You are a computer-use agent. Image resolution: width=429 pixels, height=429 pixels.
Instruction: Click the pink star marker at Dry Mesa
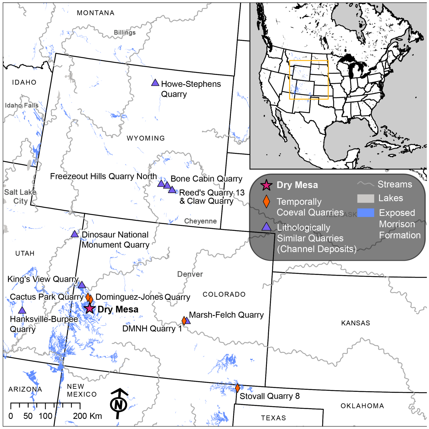click(90, 308)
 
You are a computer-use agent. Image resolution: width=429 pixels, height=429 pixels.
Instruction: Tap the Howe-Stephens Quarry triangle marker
click(155, 83)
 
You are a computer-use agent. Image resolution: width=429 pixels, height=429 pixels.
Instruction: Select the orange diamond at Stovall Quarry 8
click(237, 388)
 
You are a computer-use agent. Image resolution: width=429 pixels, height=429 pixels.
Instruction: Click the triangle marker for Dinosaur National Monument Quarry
click(75, 234)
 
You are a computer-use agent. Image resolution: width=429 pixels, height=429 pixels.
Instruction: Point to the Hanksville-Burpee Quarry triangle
click(22, 310)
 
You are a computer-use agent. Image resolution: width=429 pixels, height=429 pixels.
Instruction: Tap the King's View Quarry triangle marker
click(82, 285)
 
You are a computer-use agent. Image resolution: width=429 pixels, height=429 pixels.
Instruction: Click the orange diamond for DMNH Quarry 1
click(184, 321)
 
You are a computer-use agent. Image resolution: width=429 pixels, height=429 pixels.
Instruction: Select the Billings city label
click(125, 32)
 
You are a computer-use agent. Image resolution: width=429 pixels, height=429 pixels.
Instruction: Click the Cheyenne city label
click(200, 221)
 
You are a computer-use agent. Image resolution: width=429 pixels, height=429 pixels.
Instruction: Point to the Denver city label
click(190, 274)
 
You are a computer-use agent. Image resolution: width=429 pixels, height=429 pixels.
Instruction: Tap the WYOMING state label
click(146, 138)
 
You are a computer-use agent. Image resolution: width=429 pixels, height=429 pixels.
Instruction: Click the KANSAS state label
click(355, 323)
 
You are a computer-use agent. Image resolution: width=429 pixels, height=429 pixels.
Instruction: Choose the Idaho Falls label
click(22, 105)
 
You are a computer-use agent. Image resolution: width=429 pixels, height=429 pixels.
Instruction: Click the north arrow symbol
click(119, 403)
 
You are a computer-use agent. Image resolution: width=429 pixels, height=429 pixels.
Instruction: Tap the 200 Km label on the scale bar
click(87, 416)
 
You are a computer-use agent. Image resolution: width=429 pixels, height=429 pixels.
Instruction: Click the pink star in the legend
click(266, 185)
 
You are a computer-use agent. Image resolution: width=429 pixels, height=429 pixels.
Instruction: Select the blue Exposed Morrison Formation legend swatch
click(366, 213)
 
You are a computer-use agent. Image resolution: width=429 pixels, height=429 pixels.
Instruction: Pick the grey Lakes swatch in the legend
click(366, 199)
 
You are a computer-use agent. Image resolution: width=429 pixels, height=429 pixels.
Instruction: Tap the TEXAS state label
click(273, 418)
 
